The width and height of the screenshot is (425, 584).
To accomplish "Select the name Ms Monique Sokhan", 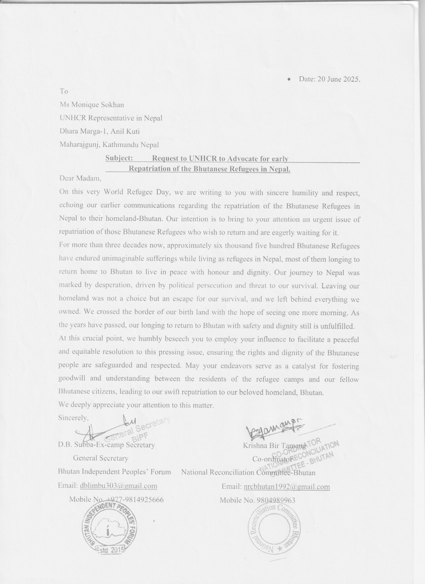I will tap(92, 104).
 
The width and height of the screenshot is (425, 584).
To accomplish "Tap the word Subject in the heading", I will tap(119, 158).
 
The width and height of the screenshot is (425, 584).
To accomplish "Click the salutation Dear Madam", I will tap(80, 178).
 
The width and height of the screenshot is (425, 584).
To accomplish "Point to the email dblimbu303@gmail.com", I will tap(118, 486).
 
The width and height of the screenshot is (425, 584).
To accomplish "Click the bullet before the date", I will tap(289, 80).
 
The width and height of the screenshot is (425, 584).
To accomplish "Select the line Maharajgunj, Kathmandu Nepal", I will tap(109, 145).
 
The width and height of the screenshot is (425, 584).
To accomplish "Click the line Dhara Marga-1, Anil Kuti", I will tap(100, 131).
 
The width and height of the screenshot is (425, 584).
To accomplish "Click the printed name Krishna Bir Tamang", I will tap(274, 446).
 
